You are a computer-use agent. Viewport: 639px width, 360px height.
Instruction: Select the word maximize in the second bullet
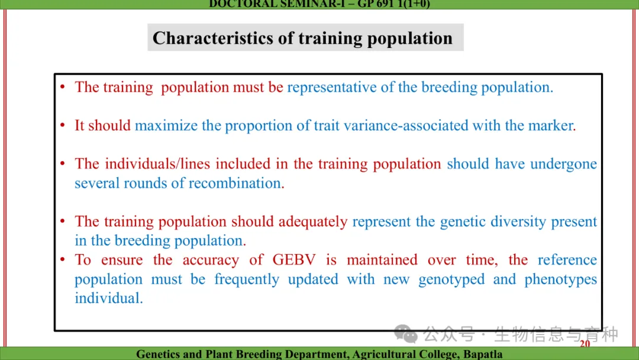click(x=166, y=126)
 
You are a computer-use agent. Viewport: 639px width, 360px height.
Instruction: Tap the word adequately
click(x=313, y=222)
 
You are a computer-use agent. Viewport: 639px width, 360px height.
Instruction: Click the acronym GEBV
click(x=294, y=260)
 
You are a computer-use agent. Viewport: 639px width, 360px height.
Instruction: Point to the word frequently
click(x=247, y=279)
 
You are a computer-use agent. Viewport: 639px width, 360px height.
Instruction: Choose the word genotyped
click(x=451, y=279)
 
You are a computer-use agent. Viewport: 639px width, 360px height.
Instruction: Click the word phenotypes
click(x=561, y=279)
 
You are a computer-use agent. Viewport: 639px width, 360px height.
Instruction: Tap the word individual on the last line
click(x=108, y=298)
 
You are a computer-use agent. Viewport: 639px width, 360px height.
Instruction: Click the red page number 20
click(x=585, y=343)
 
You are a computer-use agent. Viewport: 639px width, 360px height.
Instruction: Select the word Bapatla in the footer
click(x=483, y=354)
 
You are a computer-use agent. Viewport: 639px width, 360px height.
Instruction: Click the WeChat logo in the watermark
click(x=405, y=334)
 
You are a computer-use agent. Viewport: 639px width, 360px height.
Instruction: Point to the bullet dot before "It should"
click(x=62, y=125)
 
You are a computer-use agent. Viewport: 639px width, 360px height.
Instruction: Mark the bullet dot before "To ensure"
click(x=62, y=259)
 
